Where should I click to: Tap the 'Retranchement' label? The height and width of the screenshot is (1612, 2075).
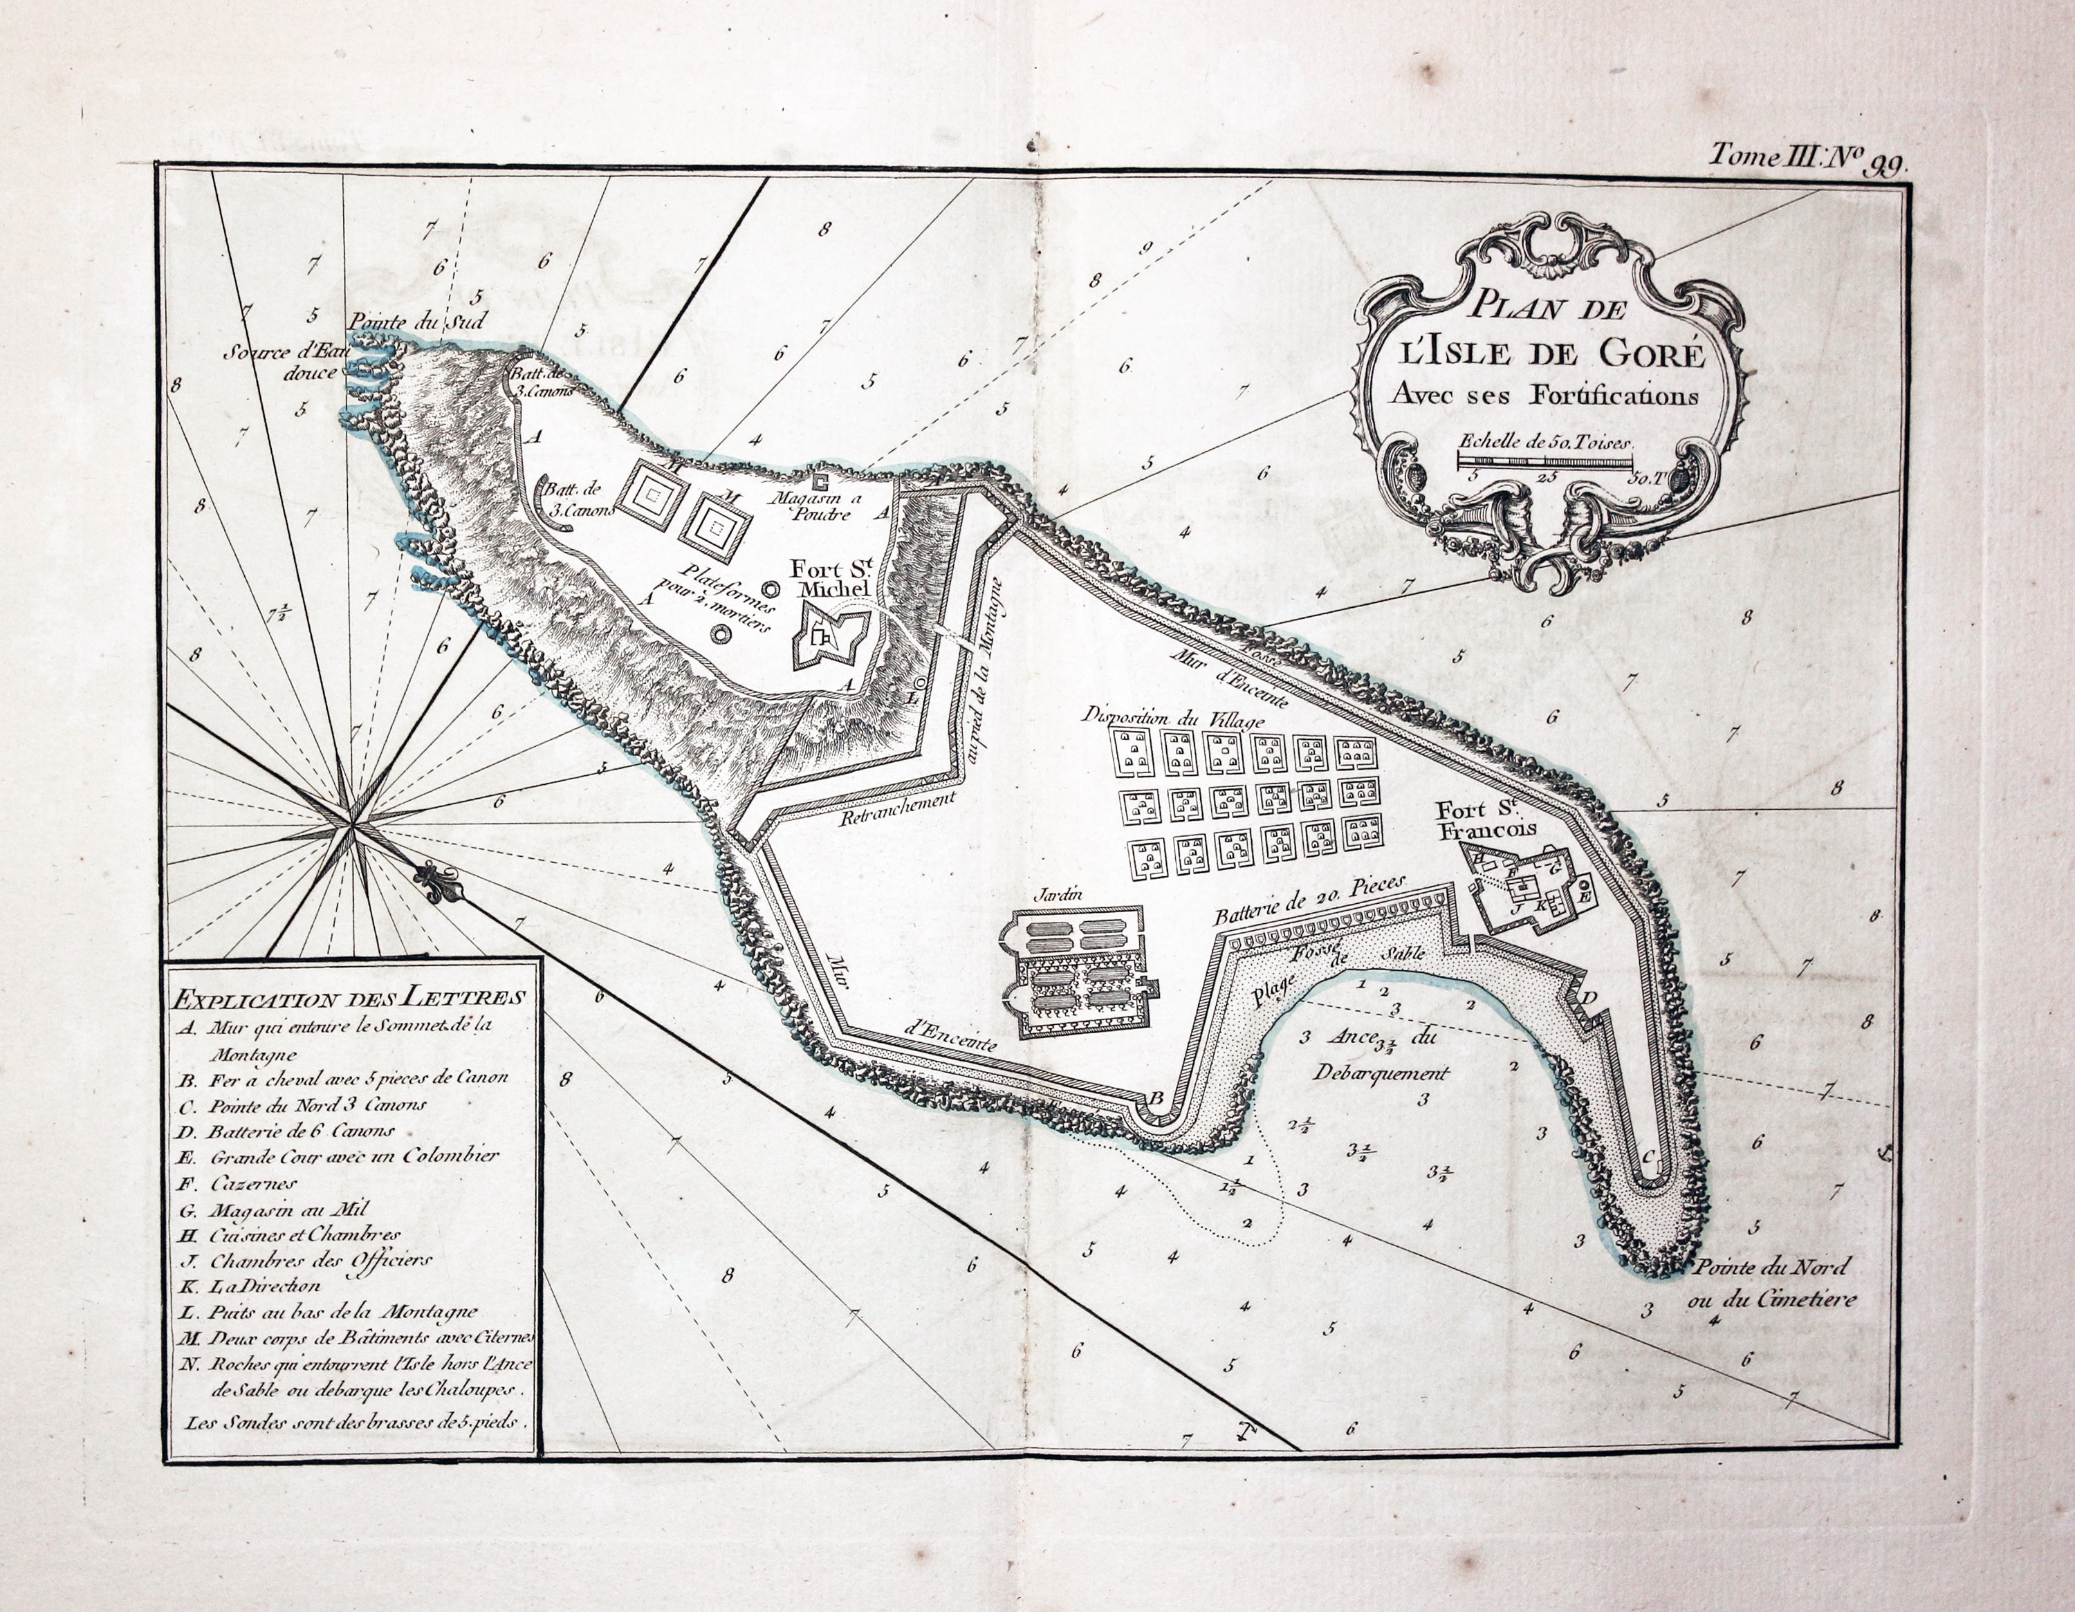[896, 808]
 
